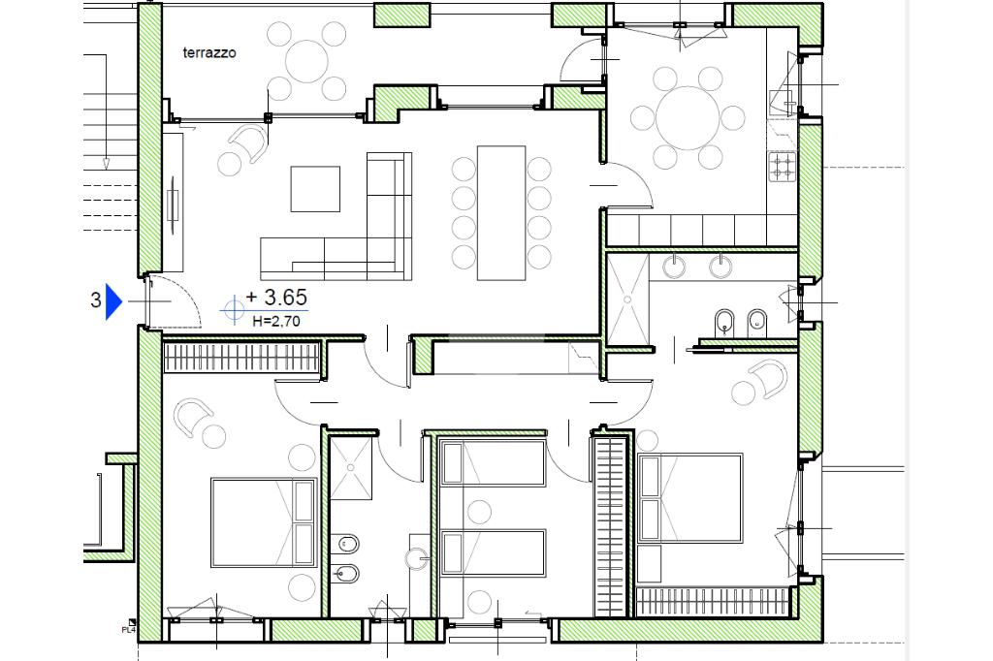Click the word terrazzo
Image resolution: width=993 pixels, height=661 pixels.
pyautogui.click(x=209, y=52)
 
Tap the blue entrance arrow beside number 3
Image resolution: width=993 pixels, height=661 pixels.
pyautogui.click(x=113, y=300)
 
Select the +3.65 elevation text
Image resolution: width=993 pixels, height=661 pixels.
pyautogui.click(x=276, y=297)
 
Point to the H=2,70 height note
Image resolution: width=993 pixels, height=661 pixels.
pyautogui.click(x=276, y=321)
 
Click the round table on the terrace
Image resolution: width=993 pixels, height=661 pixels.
pyautogui.click(x=307, y=61)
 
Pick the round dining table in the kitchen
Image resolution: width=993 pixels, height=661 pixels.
pyautogui.click(x=688, y=118)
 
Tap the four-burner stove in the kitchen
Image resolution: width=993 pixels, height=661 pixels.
pyautogui.click(x=783, y=167)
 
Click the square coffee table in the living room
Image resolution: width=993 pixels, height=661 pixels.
pyautogui.click(x=315, y=189)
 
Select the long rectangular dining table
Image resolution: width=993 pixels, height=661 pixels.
pyautogui.click(x=501, y=212)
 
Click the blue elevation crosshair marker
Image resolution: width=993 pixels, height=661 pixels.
pyautogui.click(x=234, y=309)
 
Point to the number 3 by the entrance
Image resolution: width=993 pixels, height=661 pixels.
pyautogui.click(x=96, y=299)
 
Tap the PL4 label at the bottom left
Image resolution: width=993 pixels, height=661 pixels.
pyautogui.click(x=129, y=629)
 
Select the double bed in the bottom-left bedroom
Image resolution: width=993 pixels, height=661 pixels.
pyautogui.click(x=264, y=522)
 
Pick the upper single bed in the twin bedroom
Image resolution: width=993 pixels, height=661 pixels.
pyautogui.click(x=493, y=463)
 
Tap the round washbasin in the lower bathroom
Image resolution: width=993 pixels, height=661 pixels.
pyautogui.click(x=417, y=558)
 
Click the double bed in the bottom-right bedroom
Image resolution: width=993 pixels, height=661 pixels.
pyautogui.click(x=690, y=497)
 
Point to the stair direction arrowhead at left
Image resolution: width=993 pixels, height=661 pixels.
pyautogui.click(x=107, y=164)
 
